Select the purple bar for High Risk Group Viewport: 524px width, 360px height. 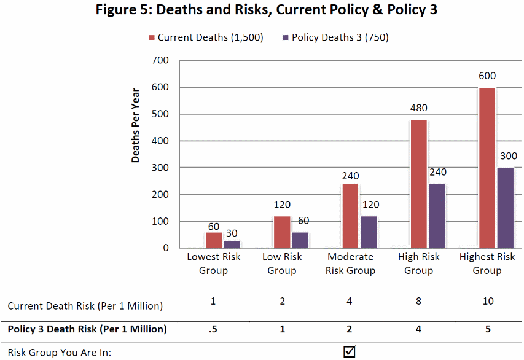(436, 216)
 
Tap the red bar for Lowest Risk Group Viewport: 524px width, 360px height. (213, 240)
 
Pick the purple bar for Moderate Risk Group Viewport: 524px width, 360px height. (368, 232)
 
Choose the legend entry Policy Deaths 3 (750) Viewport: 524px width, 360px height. (335, 37)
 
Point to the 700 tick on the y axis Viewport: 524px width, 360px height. (162, 61)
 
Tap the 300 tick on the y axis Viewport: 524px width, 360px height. (162, 168)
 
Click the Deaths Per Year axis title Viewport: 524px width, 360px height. (136, 126)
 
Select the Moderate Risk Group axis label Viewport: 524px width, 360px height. (350, 264)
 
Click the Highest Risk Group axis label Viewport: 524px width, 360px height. (487, 264)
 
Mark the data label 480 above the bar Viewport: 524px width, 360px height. (419, 109)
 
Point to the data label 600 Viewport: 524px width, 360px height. (487, 76)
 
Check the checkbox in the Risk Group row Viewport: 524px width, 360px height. (350, 352)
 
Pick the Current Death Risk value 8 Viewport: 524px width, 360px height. (419, 302)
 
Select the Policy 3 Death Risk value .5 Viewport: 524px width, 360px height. (213, 329)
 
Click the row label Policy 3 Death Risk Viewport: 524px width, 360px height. (87, 329)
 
